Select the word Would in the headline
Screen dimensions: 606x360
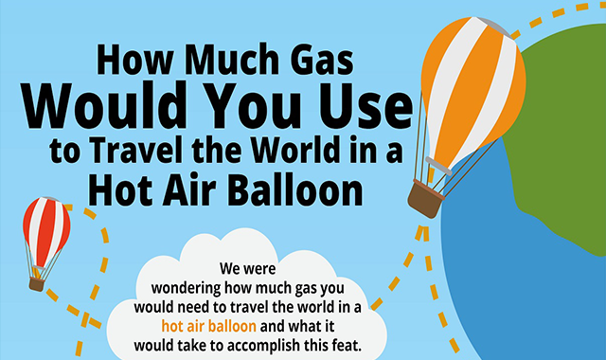102,104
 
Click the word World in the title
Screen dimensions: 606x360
295,150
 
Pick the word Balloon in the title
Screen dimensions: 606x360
294,189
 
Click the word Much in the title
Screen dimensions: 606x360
232,60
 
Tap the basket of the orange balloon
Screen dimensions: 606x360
426,199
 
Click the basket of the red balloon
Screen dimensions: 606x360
37,284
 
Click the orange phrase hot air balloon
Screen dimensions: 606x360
208,326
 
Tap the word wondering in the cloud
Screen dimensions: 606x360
186,288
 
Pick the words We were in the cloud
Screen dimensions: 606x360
248,268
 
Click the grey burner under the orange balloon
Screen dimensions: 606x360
438,166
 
